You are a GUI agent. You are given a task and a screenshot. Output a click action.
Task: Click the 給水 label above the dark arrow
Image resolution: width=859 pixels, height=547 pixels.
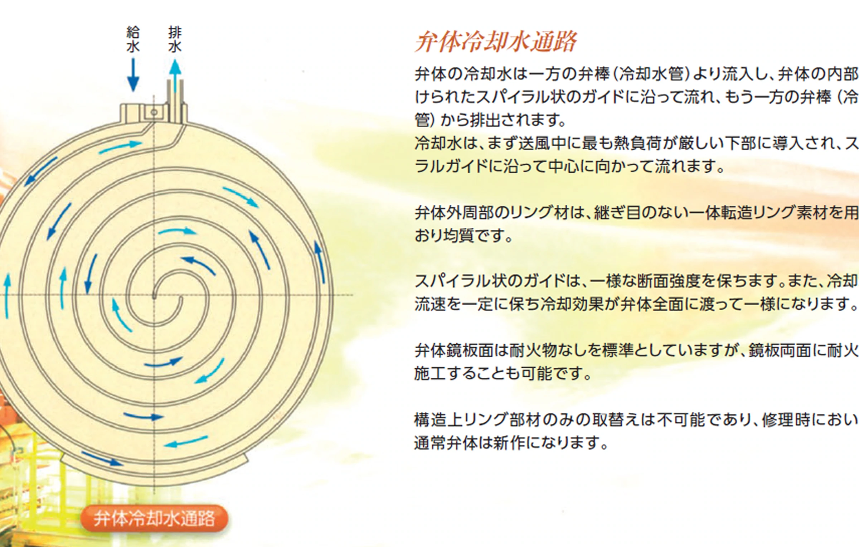(x=133, y=40)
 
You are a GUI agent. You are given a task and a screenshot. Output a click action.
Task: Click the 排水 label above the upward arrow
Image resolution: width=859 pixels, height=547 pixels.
(x=175, y=40)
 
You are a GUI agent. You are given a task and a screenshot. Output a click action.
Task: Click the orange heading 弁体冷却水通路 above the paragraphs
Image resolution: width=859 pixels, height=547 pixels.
(x=495, y=42)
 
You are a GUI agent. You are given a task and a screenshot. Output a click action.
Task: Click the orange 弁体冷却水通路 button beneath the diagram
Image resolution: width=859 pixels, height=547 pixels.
(x=154, y=518)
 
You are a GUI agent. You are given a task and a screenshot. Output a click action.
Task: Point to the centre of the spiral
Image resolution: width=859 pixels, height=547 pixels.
(x=154, y=295)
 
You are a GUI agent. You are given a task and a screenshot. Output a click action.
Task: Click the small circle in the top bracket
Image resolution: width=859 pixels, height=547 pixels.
(x=154, y=112)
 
